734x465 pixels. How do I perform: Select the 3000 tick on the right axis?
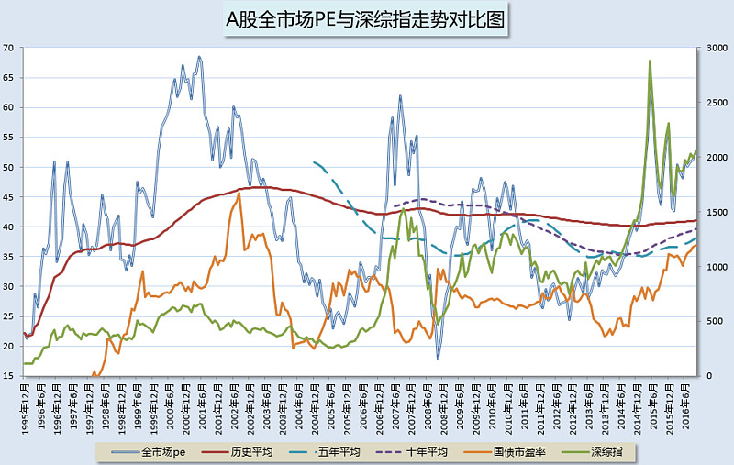click(x=712, y=48)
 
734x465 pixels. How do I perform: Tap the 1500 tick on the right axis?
click(x=712, y=212)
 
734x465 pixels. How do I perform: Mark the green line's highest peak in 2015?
click(x=650, y=61)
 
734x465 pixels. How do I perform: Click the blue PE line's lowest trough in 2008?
click(x=439, y=357)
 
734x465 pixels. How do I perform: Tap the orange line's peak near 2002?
click(x=239, y=193)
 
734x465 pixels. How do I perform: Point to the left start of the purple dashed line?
click(x=394, y=205)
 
